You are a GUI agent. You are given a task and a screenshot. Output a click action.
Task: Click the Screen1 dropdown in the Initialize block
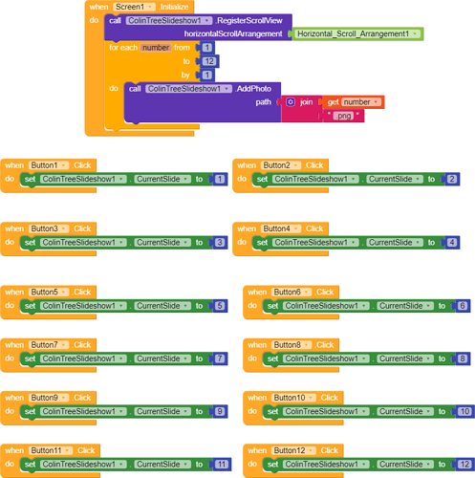pyautogui.click(x=134, y=7)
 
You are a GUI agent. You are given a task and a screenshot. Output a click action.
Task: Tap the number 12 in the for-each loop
pyautogui.click(x=209, y=61)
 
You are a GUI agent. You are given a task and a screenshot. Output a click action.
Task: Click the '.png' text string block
pyautogui.click(x=343, y=116)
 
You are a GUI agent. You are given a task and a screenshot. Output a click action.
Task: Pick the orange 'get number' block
pyautogui.click(x=353, y=102)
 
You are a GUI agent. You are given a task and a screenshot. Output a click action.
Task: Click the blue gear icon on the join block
pyautogui.click(x=291, y=102)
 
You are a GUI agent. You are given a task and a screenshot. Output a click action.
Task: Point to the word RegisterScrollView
pyautogui.click(x=249, y=21)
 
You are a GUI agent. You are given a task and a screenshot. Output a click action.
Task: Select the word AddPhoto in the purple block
pyautogui.click(x=253, y=89)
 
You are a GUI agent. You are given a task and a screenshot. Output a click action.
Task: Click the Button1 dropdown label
pyautogui.click(x=49, y=165)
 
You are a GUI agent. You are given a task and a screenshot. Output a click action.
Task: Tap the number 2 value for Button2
pyautogui.click(x=452, y=179)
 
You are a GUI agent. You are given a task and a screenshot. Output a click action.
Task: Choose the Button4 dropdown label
pyautogui.click(x=281, y=228)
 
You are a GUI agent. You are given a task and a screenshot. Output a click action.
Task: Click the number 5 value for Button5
pyautogui.click(x=220, y=306)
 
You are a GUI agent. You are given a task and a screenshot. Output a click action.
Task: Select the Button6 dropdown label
pyautogui.click(x=291, y=293)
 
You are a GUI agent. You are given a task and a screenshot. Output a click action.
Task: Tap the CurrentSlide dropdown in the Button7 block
pyautogui.click(x=162, y=358)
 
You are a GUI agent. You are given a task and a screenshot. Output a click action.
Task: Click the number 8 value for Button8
pyautogui.click(x=463, y=358)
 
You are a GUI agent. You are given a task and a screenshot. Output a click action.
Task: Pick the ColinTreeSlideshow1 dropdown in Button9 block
pyautogui.click(x=83, y=411)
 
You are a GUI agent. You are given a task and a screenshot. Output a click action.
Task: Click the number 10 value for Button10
pyautogui.click(x=464, y=411)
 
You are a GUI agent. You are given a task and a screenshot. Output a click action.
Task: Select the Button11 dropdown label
pyautogui.click(x=51, y=450)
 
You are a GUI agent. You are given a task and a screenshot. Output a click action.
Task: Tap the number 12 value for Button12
pyautogui.click(x=464, y=465)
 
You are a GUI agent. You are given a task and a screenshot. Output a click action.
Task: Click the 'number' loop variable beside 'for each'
pyautogui.click(x=156, y=48)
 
